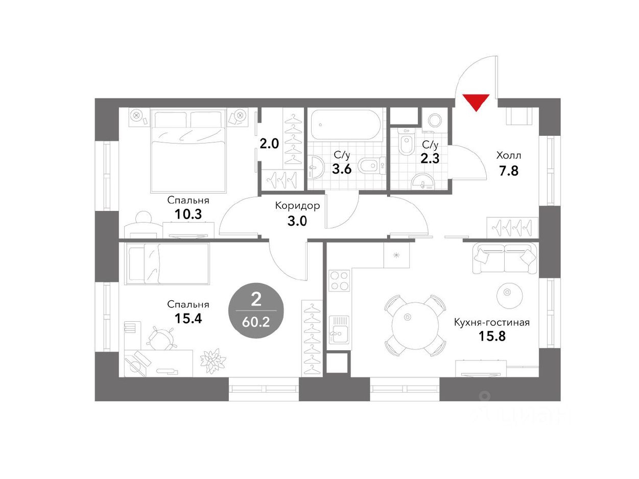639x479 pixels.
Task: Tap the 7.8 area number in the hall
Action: (508, 171)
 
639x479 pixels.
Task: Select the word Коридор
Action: (297, 206)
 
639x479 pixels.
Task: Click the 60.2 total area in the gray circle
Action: (255, 322)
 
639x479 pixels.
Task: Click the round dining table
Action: (415, 326)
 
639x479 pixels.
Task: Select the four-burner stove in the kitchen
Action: (339, 280)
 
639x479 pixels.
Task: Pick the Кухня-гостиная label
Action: (492, 322)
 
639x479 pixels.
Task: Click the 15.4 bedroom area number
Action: (188, 318)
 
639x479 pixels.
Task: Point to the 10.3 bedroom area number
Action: (188, 214)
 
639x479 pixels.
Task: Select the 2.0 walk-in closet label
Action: (269, 144)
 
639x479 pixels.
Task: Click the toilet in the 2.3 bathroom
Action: (406, 143)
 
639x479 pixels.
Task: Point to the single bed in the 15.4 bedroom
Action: (167, 264)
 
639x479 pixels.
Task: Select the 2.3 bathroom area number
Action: (430, 159)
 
